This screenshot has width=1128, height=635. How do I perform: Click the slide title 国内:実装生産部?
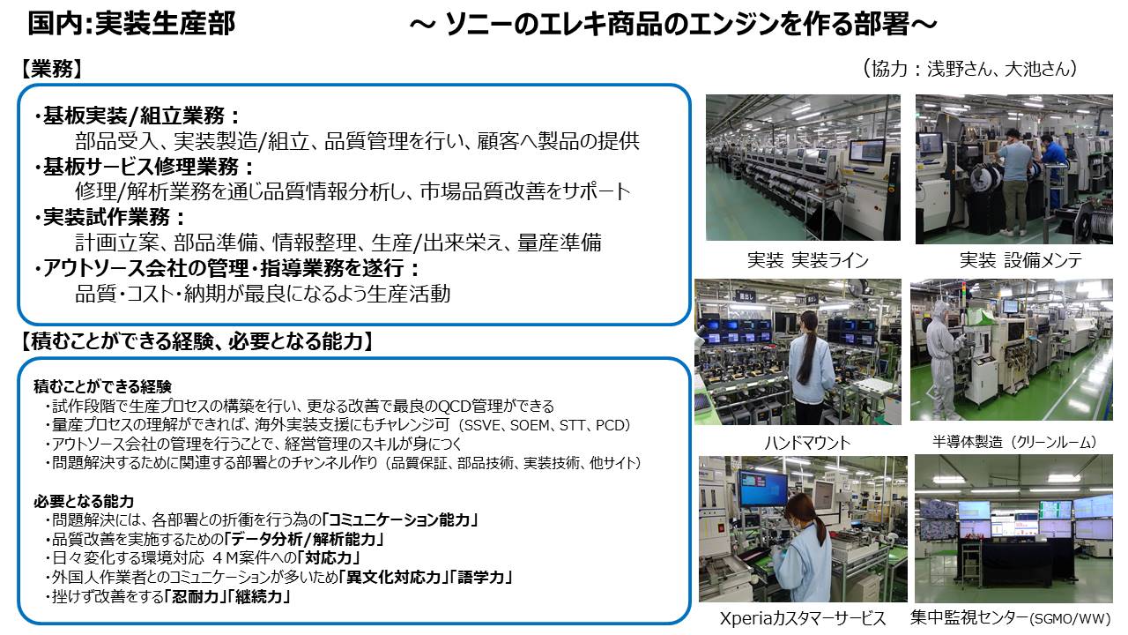pyautogui.click(x=131, y=24)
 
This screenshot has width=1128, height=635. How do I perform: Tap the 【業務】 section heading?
pyautogui.click(x=52, y=69)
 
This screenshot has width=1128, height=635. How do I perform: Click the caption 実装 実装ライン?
pyautogui.click(x=808, y=260)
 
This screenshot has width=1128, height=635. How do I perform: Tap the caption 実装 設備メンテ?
pyautogui.click(x=1020, y=260)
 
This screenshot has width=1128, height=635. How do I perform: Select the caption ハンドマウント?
pyautogui.click(x=807, y=443)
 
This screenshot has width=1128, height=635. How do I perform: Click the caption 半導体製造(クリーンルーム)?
pyautogui.click(x=1014, y=442)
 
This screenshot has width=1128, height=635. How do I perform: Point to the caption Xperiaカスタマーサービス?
pyautogui.click(x=803, y=618)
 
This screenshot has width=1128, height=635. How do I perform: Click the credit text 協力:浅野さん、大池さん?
pyautogui.click(x=970, y=69)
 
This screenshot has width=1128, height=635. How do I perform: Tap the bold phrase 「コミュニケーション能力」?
pyautogui.click(x=400, y=519)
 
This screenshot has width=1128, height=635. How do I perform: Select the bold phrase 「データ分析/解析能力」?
pyautogui.click(x=304, y=539)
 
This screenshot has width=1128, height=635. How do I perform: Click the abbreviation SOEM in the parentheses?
pyautogui.click(x=530, y=426)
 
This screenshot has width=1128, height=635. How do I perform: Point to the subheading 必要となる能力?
pyautogui.click(x=84, y=502)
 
